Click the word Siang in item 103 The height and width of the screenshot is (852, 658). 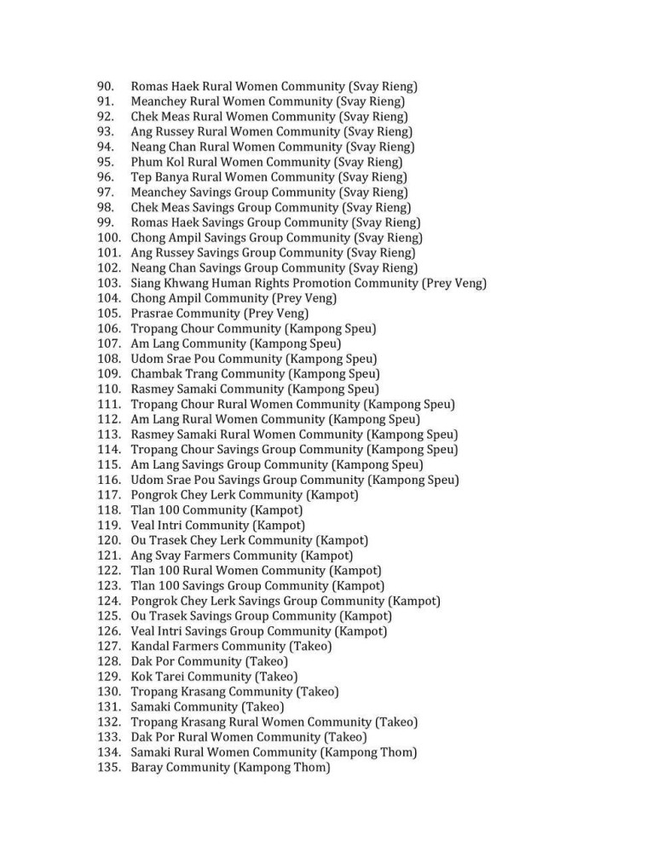pyautogui.click(x=147, y=283)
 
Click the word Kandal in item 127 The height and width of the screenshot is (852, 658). pyautogui.click(x=152, y=647)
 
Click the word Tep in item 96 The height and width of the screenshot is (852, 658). pyautogui.click(x=141, y=177)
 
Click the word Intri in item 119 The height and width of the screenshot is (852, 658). pyautogui.click(x=170, y=526)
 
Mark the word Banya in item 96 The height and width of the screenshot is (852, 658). pyautogui.click(x=173, y=177)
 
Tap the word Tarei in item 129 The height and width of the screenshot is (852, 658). pyautogui.click(x=174, y=677)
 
